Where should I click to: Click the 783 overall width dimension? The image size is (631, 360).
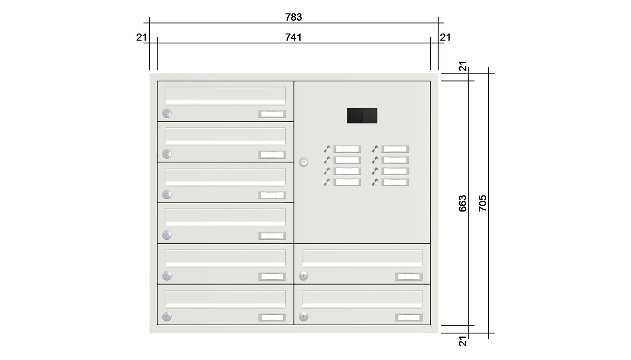(x=294, y=17)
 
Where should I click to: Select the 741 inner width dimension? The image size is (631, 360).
(x=294, y=37)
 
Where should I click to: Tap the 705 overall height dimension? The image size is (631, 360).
(x=483, y=203)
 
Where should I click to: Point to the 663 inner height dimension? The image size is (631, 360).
(x=463, y=204)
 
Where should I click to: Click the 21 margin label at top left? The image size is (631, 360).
(x=142, y=37)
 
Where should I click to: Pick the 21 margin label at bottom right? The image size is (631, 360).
(x=463, y=341)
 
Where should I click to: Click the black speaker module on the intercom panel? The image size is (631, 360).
(x=362, y=116)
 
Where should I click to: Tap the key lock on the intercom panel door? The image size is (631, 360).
(x=303, y=162)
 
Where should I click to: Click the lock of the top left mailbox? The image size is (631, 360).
(x=167, y=113)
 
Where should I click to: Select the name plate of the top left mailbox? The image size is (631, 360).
(x=272, y=114)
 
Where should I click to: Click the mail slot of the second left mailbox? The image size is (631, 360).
(x=225, y=137)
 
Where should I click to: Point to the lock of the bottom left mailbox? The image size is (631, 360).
(x=167, y=316)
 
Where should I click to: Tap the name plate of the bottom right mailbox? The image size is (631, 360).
(x=409, y=317)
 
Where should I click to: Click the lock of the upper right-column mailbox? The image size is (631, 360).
(x=303, y=276)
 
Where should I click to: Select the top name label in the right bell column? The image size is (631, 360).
(x=395, y=149)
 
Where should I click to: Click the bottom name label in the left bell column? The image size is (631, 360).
(x=347, y=182)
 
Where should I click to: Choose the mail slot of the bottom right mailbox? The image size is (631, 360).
(x=362, y=299)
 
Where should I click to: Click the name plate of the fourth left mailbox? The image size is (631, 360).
(x=272, y=236)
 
